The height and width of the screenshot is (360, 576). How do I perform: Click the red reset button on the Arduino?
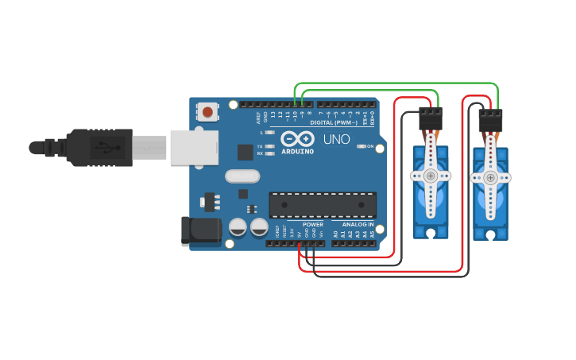click(207, 112)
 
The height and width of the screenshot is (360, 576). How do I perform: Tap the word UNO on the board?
click(336, 140)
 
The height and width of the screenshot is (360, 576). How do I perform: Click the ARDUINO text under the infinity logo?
click(297, 151)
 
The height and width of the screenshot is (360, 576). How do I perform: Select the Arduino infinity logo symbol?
click(297, 138)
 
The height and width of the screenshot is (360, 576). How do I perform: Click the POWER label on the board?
click(313, 225)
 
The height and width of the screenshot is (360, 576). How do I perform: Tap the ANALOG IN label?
click(358, 225)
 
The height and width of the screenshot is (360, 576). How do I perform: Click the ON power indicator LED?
click(361, 146)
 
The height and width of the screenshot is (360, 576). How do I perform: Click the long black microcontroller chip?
click(323, 205)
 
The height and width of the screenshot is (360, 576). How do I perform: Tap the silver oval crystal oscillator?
click(242, 176)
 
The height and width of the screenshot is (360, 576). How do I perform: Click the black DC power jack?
click(200, 230)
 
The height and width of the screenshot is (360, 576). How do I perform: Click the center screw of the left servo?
click(431, 176)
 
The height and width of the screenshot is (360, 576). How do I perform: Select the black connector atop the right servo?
click(490, 123)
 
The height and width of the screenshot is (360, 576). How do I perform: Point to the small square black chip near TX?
click(245, 151)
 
